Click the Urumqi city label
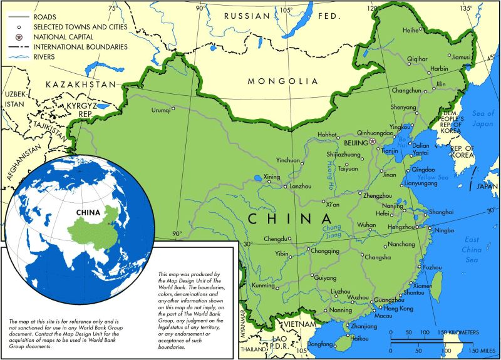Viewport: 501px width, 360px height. point(161,110)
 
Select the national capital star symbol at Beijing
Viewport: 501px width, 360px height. point(373,141)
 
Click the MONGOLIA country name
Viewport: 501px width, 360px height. point(283,81)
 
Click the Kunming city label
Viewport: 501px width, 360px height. point(263,285)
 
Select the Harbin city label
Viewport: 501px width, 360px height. point(439,68)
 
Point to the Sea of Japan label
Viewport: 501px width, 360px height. point(483,118)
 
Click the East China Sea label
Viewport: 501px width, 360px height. point(472,249)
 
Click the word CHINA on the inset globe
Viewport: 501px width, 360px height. point(88,212)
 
